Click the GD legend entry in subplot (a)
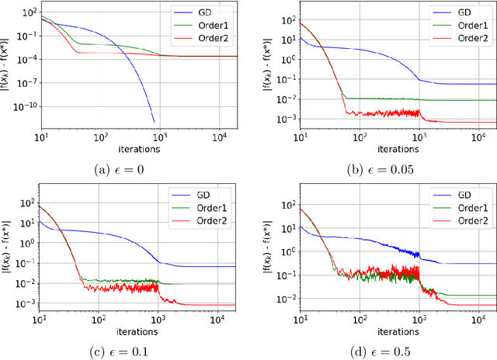(203, 14)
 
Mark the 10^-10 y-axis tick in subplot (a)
(24, 103)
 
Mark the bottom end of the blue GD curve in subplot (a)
(154, 121)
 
